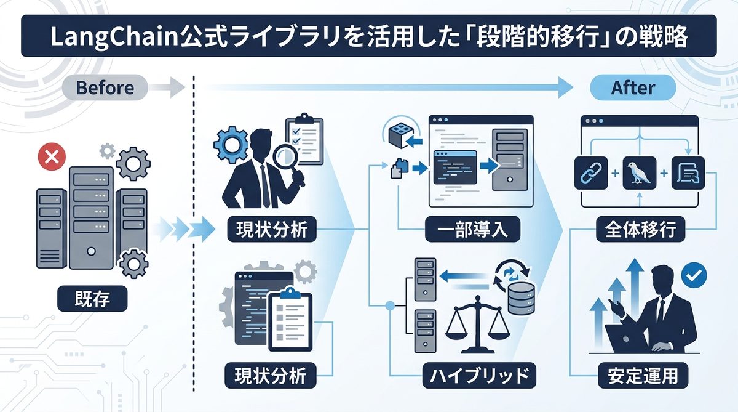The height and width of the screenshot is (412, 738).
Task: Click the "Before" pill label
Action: click(105, 87)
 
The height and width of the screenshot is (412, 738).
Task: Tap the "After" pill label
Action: click(633, 87)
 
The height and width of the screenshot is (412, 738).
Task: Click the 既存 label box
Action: click(93, 299)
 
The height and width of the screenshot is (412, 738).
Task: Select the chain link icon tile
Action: click(590, 173)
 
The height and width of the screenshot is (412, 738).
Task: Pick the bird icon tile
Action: click(639, 173)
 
